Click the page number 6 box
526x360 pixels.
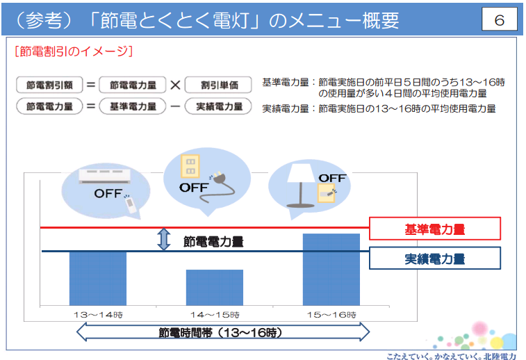(x=499, y=19)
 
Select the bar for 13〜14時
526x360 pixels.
(x=98, y=279)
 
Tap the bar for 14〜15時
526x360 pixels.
(x=215, y=288)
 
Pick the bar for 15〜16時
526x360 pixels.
(x=331, y=270)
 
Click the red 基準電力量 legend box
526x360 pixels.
(x=435, y=229)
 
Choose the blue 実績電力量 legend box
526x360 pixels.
(x=435, y=259)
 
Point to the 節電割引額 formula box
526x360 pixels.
(x=49, y=85)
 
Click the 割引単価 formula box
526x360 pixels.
(x=218, y=85)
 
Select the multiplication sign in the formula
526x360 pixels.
(x=175, y=85)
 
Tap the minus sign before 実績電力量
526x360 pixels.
(x=175, y=107)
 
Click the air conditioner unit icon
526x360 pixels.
(x=105, y=176)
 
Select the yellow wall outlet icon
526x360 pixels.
(x=190, y=165)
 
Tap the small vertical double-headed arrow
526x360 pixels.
(x=164, y=239)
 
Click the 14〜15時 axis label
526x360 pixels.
(x=215, y=315)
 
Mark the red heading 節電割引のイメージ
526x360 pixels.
(x=74, y=51)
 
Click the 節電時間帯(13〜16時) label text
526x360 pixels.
(x=220, y=332)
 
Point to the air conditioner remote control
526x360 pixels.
(x=131, y=204)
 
